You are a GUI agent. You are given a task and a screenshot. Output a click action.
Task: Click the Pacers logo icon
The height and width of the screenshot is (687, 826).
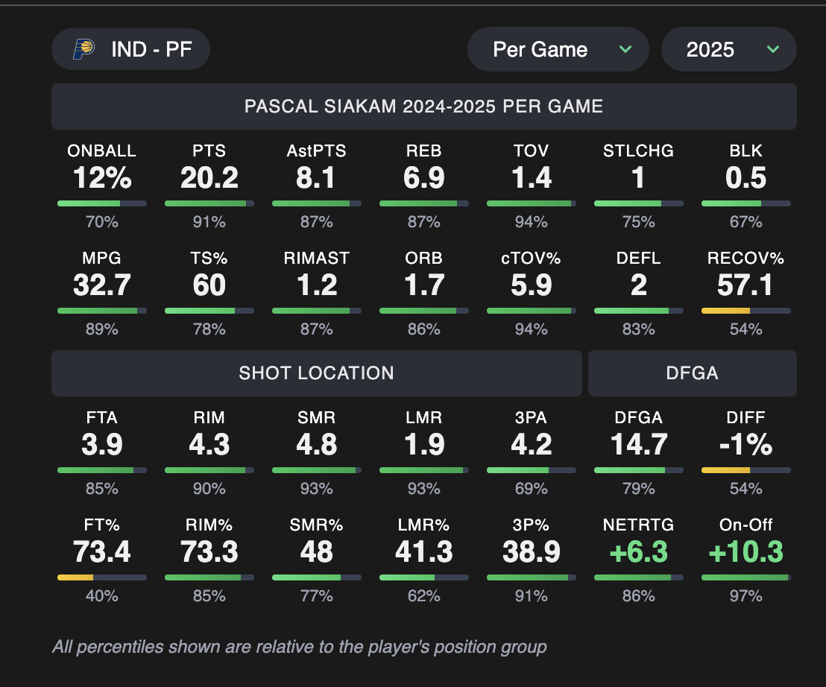[x=83, y=49]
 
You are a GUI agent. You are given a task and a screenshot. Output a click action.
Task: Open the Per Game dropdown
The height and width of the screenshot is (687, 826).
[x=558, y=50]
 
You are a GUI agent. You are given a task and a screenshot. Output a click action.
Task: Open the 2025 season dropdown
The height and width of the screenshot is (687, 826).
[x=728, y=50]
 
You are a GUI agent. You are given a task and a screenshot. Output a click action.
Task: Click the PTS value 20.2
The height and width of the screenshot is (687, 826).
[x=209, y=178]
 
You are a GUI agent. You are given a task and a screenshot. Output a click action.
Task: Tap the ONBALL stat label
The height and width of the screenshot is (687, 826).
[x=102, y=151]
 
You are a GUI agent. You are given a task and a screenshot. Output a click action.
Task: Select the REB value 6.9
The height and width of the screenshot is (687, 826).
[x=424, y=178]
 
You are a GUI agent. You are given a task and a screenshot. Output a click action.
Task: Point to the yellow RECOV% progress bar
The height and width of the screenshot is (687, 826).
[x=726, y=310]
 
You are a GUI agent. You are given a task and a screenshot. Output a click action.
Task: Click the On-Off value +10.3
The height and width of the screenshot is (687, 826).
[x=746, y=552]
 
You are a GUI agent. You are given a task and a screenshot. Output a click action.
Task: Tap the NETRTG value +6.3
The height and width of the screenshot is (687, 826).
[x=639, y=552]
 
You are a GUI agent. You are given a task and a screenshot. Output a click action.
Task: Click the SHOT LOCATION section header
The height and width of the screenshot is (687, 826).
[x=316, y=373]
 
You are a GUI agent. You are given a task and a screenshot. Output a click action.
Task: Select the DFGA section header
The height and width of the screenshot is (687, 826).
[x=692, y=373]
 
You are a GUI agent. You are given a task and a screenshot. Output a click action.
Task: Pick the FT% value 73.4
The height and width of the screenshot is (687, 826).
[x=102, y=552]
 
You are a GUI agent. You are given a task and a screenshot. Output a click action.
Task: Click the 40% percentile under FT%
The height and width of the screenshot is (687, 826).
[x=102, y=595]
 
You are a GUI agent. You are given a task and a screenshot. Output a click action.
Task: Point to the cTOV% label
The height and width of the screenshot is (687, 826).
[x=532, y=259]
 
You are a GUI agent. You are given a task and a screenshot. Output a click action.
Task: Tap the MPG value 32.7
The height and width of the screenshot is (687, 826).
[x=102, y=285]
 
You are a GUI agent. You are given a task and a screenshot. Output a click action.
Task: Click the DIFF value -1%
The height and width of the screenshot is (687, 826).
[x=746, y=445]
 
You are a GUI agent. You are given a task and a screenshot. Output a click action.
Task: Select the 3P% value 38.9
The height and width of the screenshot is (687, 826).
[x=532, y=552]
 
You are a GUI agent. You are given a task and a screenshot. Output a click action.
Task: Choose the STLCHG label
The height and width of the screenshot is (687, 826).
[x=639, y=151]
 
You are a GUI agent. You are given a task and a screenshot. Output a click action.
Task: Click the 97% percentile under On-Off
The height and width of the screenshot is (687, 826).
[x=746, y=595]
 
